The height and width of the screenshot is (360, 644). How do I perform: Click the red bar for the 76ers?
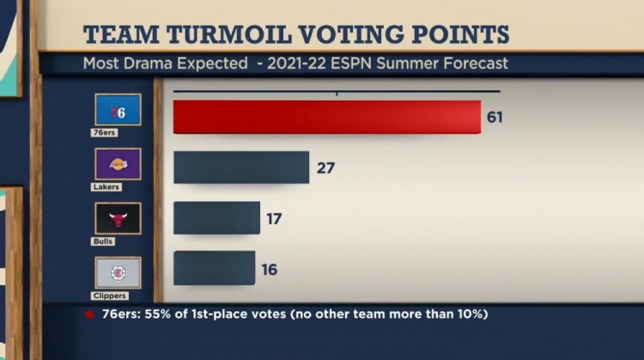coord(326,117)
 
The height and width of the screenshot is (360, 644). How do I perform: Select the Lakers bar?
coord(241,168)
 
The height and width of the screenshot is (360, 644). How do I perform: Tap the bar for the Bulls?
coord(216,218)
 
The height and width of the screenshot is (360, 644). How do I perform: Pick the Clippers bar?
coord(214,268)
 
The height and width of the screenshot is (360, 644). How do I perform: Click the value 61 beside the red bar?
coord(495,118)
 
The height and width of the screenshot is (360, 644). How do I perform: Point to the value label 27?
coord(325,168)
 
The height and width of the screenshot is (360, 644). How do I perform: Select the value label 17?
coord(274,218)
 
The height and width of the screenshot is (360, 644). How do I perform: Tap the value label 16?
coord(270,269)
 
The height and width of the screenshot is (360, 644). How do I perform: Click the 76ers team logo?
coord(118,109)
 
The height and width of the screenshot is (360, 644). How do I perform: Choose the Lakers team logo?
coord(118,163)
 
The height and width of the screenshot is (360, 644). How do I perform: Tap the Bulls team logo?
coord(118,218)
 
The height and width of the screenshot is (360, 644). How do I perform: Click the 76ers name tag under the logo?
coord(105,132)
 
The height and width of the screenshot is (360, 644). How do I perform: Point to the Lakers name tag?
coord(106,186)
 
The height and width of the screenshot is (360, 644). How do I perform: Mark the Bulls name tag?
coord(103,241)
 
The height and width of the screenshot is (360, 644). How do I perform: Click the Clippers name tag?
coord(109,296)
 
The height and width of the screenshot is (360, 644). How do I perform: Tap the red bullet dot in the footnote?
coord(88,314)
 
